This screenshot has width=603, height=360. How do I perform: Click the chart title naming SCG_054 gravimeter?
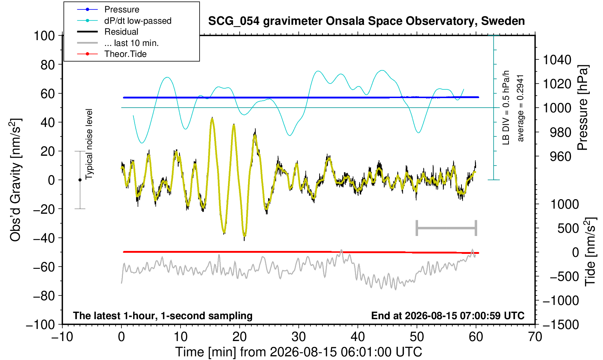point(366,21)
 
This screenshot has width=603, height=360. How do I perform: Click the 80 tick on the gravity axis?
point(48,65)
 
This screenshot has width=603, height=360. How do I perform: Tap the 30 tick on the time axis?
point(298,337)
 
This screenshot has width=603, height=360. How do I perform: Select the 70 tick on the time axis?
point(535,337)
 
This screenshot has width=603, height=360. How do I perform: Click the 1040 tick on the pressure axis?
point(557,60)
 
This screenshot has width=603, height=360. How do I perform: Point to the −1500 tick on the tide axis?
point(560,325)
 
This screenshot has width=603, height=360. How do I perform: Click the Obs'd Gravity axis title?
point(15,180)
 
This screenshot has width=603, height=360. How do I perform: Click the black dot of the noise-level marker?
point(80,180)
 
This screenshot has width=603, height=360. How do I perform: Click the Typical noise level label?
point(89,144)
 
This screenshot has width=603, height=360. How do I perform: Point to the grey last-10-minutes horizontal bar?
point(447,228)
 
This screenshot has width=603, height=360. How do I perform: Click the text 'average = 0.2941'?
point(520,108)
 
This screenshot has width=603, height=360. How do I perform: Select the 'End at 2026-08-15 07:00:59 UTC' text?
point(448,316)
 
